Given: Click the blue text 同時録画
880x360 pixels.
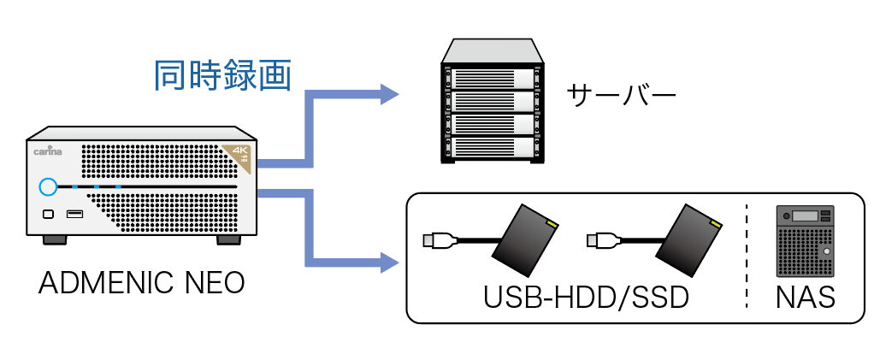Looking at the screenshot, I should (223, 76).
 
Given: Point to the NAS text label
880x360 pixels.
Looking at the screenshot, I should (805, 299).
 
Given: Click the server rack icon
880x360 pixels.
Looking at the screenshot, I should (492, 102).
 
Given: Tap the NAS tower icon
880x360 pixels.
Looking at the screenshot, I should (803, 241).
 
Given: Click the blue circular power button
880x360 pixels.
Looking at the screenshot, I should (47, 186).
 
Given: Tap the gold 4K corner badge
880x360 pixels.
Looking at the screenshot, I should (238, 156).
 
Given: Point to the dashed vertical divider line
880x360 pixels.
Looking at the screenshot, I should (746, 257).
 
